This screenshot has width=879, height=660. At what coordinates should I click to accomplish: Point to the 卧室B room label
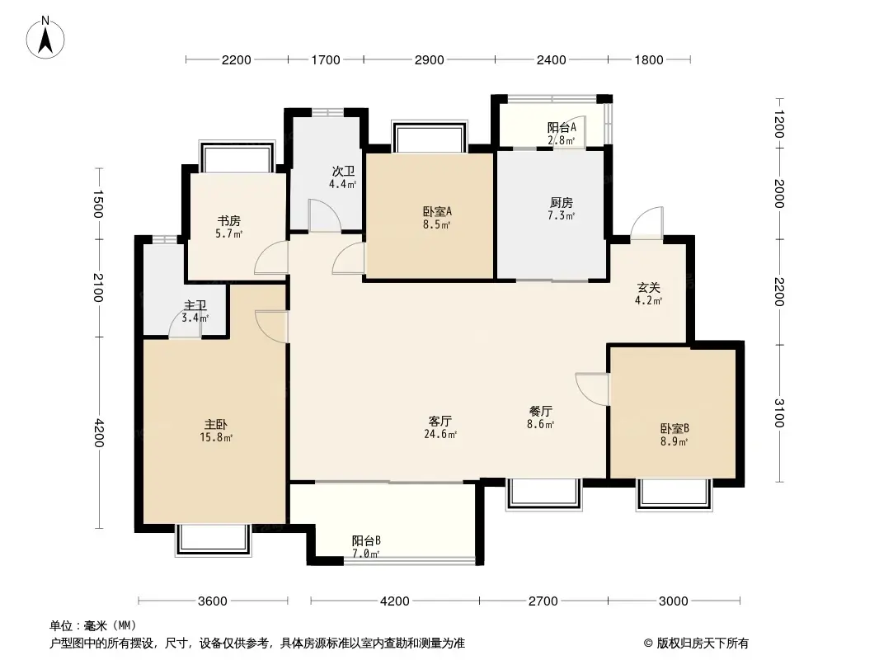[674, 428]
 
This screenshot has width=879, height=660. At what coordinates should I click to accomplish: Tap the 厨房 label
[562, 202]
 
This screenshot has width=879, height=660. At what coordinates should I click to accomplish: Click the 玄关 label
[648, 288]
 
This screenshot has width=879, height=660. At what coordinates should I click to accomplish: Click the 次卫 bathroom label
[343, 172]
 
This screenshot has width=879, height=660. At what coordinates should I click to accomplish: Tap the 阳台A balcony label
[562, 128]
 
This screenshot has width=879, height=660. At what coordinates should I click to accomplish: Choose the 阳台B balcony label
[366, 540]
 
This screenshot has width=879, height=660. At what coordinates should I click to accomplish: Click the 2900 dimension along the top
[429, 59]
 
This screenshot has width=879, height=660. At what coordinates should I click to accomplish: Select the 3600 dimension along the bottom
[213, 601]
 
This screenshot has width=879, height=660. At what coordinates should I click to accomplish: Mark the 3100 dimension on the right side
[779, 412]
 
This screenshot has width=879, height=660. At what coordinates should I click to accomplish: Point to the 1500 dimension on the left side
[98, 204]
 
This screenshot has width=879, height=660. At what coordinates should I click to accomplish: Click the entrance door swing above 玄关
[646, 222]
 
